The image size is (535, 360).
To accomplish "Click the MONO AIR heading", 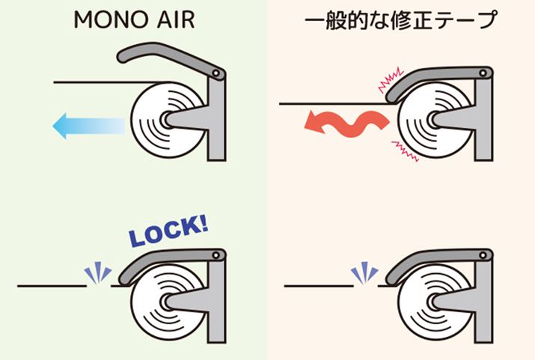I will coord(134,19).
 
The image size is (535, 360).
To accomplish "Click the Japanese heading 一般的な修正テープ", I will coord(402,19).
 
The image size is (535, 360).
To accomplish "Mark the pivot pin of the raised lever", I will coord(217,73).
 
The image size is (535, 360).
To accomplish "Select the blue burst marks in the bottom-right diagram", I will coord(364,274).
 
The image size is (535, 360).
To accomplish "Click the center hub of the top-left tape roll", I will coord(166,120).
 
